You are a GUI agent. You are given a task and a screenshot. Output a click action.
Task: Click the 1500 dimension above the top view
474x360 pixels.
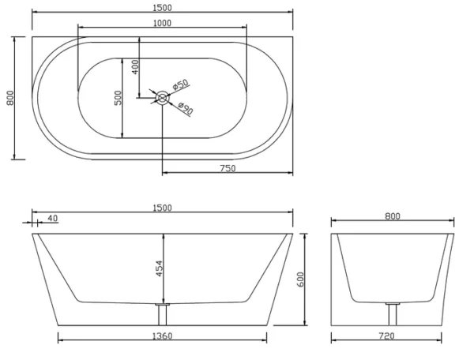pyautogui.click(x=162, y=8)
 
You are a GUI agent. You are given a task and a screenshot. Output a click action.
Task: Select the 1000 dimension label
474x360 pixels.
pyautogui.click(x=162, y=23)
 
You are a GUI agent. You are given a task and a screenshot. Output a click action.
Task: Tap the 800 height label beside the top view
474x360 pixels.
pyautogui.click(x=10, y=98)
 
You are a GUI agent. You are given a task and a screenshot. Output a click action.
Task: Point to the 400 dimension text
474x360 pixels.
pyautogui.click(x=135, y=67)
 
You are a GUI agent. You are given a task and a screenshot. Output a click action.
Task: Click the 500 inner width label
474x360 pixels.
pyautogui.click(x=118, y=98)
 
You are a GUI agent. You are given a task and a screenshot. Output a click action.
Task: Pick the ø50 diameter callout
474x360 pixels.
pyautogui.click(x=180, y=84)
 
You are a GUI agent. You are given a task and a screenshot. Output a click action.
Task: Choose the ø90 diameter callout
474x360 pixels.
pyautogui.click(x=186, y=108)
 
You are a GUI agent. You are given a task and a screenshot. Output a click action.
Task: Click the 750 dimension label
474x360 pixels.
pyautogui.click(x=228, y=168)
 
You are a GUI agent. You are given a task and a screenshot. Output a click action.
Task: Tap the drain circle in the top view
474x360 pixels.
pyautogui.click(x=162, y=98)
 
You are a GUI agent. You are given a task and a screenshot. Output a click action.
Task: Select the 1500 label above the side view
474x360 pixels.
pyautogui.click(x=162, y=208)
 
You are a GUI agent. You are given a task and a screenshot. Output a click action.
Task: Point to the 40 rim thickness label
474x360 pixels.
pyautogui.click(x=53, y=218)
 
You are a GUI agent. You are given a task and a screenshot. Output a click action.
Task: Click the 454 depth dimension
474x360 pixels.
pyautogui.click(x=159, y=268)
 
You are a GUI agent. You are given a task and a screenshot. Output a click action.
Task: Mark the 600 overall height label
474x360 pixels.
pyautogui.click(x=300, y=279)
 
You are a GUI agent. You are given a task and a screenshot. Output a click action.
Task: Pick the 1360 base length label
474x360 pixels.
pyautogui.click(x=162, y=336)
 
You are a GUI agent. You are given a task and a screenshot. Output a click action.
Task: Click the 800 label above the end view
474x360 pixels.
pyautogui.click(x=393, y=216)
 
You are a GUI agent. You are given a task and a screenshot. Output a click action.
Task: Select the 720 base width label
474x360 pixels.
pyautogui.click(x=386, y=336)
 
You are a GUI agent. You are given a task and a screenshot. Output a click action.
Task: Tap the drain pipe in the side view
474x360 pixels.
pyautogui.click(x=163, y=315)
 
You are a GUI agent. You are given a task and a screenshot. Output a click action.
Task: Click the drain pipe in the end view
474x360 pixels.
pyautogui.click(x=393, y=315)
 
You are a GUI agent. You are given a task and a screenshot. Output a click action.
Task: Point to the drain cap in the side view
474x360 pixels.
pyautogui.click(x=163, y=304)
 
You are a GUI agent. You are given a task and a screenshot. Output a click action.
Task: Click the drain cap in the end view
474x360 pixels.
pyautogui.click(x=393, y=303)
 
